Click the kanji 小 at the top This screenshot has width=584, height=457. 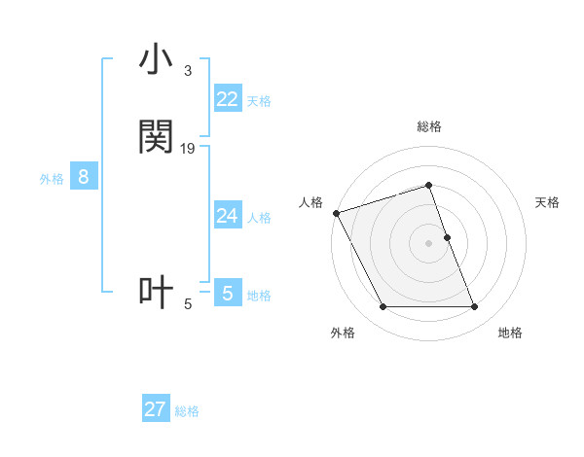point(156,60)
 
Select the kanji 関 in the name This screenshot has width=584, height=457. point(156,137)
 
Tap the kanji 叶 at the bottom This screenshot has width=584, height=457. point(156,293)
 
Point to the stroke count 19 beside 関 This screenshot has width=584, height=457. point(188,148)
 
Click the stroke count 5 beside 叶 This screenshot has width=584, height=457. point(188,304)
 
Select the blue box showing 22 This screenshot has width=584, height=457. point(227,99)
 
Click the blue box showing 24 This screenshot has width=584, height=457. point(227,216)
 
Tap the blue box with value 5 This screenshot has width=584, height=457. point(227,294)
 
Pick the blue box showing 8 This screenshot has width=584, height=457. point(84,177)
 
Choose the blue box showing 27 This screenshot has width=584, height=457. point(156,409)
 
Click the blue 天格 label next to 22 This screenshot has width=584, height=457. point(259,101)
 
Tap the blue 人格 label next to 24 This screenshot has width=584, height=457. point(259,218)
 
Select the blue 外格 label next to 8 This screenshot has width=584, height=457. point(52,179)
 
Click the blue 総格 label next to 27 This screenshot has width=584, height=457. point(187,411)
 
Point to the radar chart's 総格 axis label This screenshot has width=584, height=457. point(428,126)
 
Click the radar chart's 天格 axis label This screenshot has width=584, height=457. point(547,202)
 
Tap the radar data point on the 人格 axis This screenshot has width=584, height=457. point(336,213)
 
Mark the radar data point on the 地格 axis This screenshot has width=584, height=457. point(474,307)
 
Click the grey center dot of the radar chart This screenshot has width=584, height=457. point(428,243)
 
